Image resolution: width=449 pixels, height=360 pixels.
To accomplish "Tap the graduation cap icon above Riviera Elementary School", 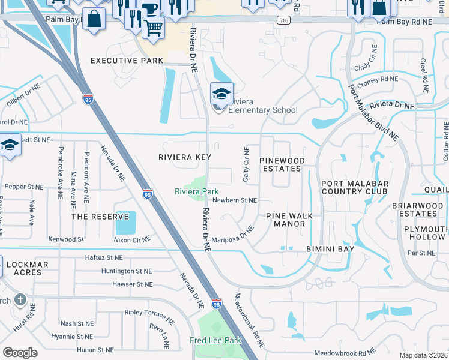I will coord(221,94).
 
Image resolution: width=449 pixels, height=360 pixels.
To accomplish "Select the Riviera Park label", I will coord(196,192).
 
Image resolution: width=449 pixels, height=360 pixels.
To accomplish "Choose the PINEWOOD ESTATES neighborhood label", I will coord(282,165).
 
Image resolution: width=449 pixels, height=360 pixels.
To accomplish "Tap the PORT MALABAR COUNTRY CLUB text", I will coord(355,188).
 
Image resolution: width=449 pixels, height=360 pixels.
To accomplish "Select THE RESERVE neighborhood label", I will coord(100,217).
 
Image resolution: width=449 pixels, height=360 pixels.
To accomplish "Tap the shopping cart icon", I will coord(154,28).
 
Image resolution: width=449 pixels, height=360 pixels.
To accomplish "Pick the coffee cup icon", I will coord(149,8).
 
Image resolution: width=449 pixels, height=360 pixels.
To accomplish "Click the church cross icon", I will coord(19,299).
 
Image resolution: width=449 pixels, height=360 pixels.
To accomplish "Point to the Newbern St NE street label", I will coord(235,200).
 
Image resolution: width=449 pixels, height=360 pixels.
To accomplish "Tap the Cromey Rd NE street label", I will coord(376,79).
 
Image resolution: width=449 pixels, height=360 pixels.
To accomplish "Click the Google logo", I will coord(20,353).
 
